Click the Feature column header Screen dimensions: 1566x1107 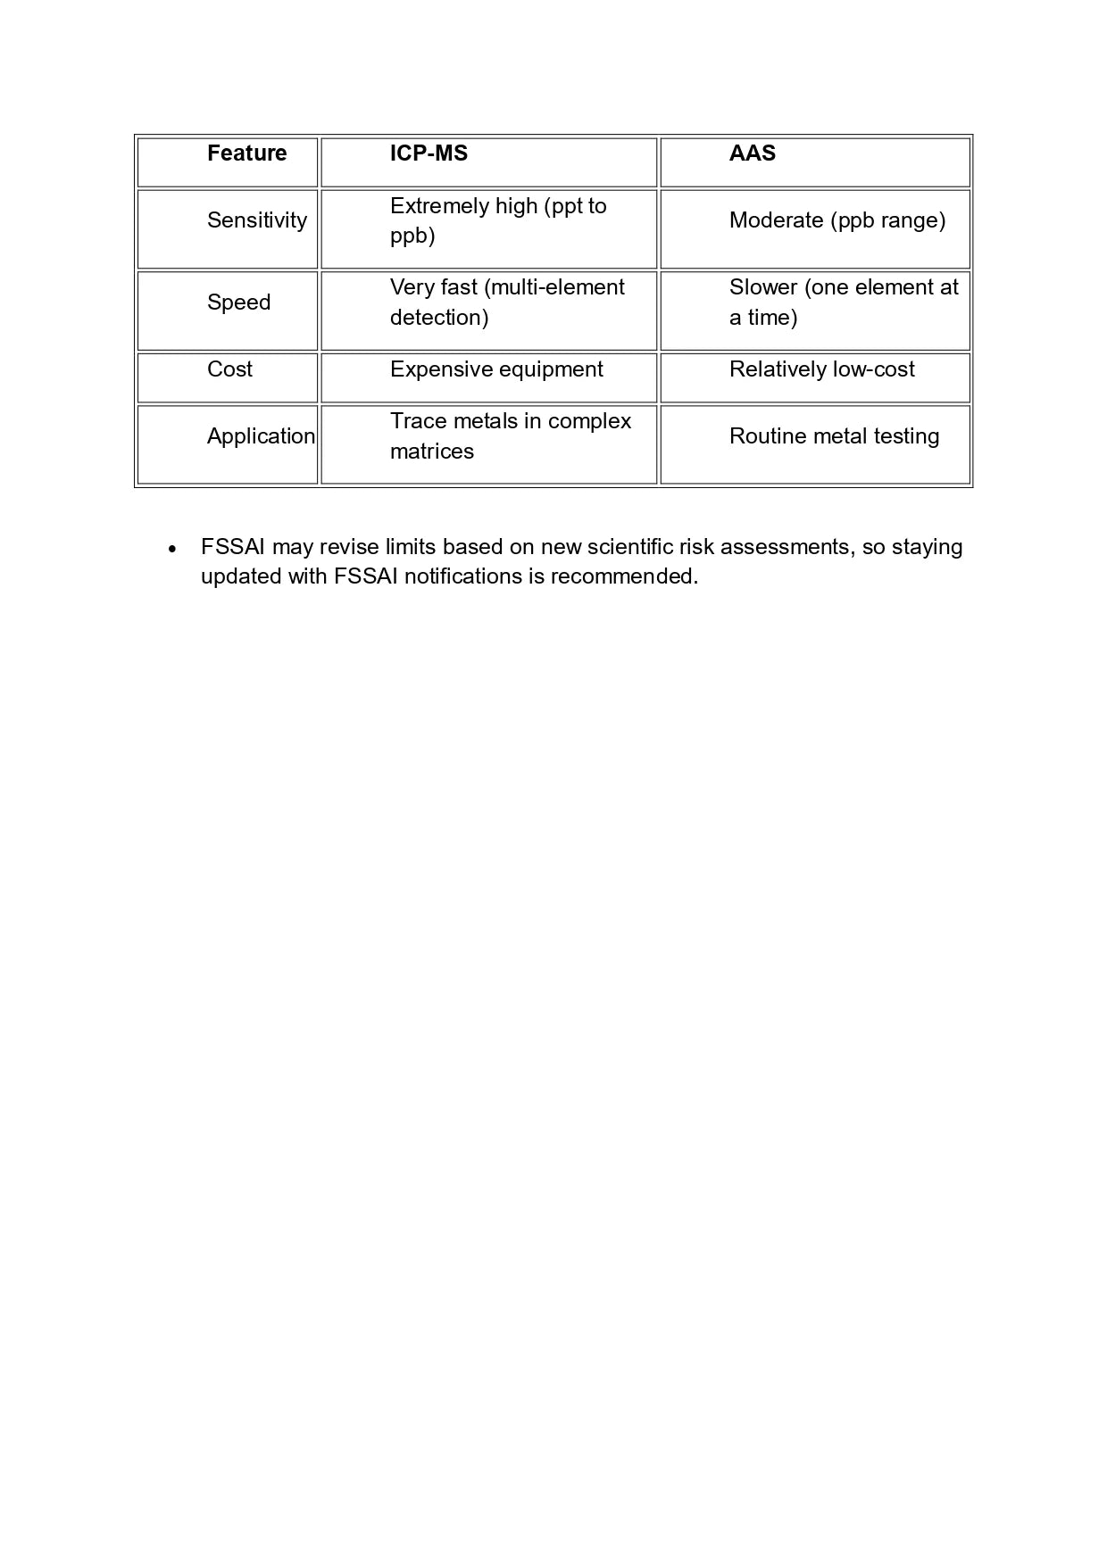(246, 153)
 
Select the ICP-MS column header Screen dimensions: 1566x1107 (429, 153)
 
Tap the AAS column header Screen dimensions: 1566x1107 (752, 153)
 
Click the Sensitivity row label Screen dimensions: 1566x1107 (256, 220)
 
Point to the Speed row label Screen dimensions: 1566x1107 (238, 302)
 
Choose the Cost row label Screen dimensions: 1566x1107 (229, 369)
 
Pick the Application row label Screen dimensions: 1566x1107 (261, 436)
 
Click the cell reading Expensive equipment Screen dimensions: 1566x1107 (496, 369)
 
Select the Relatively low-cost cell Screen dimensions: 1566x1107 (821, 369)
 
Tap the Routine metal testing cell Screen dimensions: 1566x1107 (834, 436)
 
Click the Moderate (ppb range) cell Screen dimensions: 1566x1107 (836, 220)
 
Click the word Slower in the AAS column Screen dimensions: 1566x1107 (763, 287)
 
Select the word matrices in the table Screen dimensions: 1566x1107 (431, 452)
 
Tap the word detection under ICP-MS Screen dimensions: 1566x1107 (438, 318)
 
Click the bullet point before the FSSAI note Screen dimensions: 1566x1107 (172, 549)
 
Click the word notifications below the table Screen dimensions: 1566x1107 (462, 576)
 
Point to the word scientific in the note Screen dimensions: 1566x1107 (629, 547)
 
